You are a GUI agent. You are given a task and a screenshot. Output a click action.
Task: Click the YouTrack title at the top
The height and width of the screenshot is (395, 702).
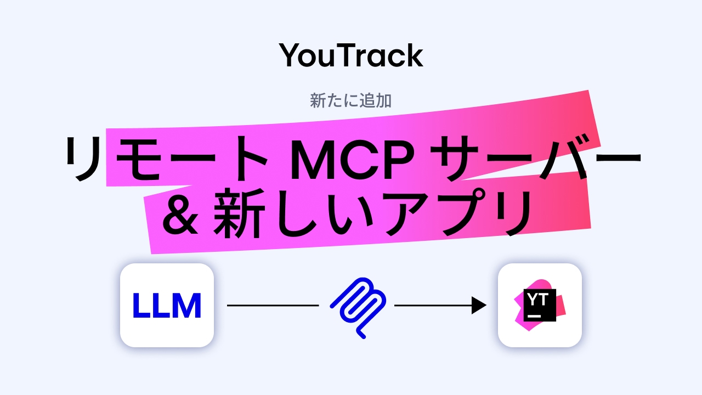click(351, 55)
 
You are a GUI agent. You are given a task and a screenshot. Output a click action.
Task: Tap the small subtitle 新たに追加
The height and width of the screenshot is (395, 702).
click(350, 101)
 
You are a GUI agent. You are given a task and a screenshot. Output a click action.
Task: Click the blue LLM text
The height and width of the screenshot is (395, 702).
click(167, 306)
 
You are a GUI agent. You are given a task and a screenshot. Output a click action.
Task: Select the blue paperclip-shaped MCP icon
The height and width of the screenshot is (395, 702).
click(357, 306)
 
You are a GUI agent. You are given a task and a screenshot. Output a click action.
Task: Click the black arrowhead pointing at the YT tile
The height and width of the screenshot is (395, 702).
click(479, 306)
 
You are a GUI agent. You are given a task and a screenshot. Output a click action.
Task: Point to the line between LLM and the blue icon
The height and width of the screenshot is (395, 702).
click(273, 306)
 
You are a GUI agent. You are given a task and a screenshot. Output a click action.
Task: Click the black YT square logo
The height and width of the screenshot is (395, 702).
click(540, 304)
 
